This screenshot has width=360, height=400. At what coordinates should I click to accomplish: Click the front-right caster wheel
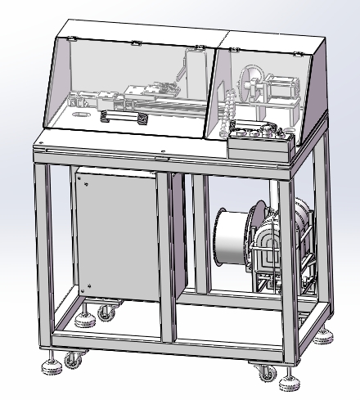coord(265,373)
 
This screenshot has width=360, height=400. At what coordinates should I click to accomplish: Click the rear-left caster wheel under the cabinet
coord(105,312)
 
